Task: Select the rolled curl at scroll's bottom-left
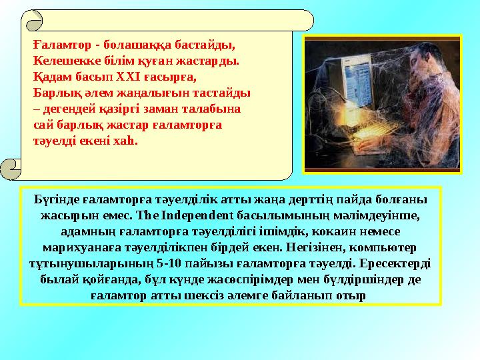(x=11, y=169)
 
